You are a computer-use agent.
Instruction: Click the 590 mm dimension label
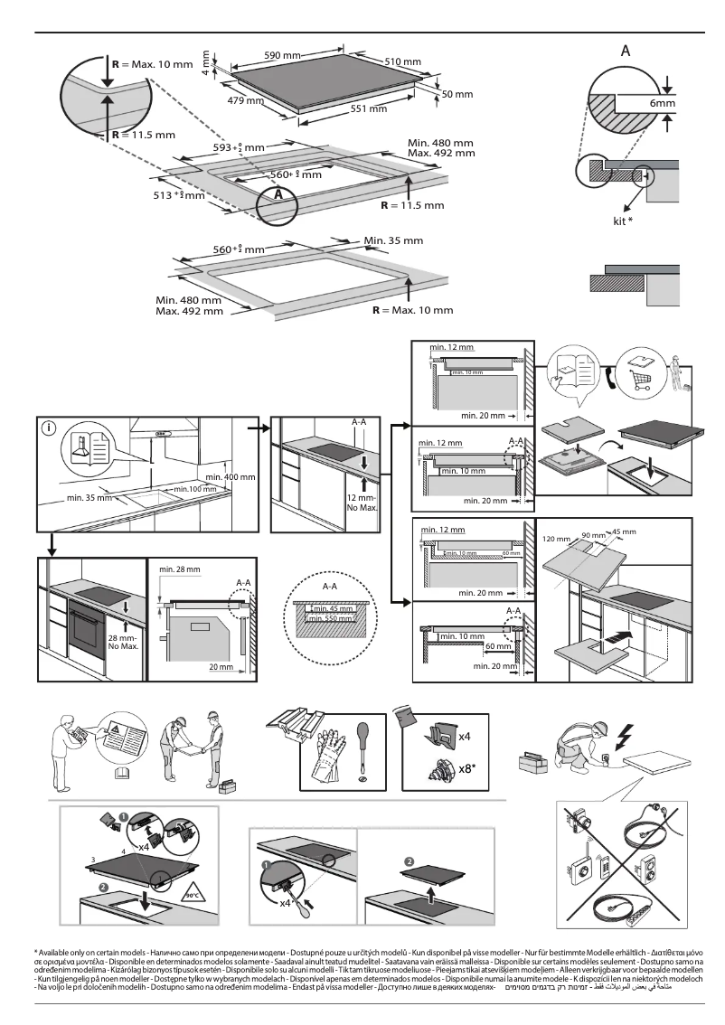[x=281, y=56]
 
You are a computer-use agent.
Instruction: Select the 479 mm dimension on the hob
[x=245, y=99]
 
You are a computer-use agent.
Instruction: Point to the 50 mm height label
[x=457, y=95]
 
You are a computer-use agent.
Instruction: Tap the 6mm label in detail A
[x=663, y=104]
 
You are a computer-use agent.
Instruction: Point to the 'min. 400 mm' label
[x=230, y=475]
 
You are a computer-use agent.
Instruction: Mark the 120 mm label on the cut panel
[x=556, y=539]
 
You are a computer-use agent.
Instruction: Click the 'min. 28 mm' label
[x=179, y=569]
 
